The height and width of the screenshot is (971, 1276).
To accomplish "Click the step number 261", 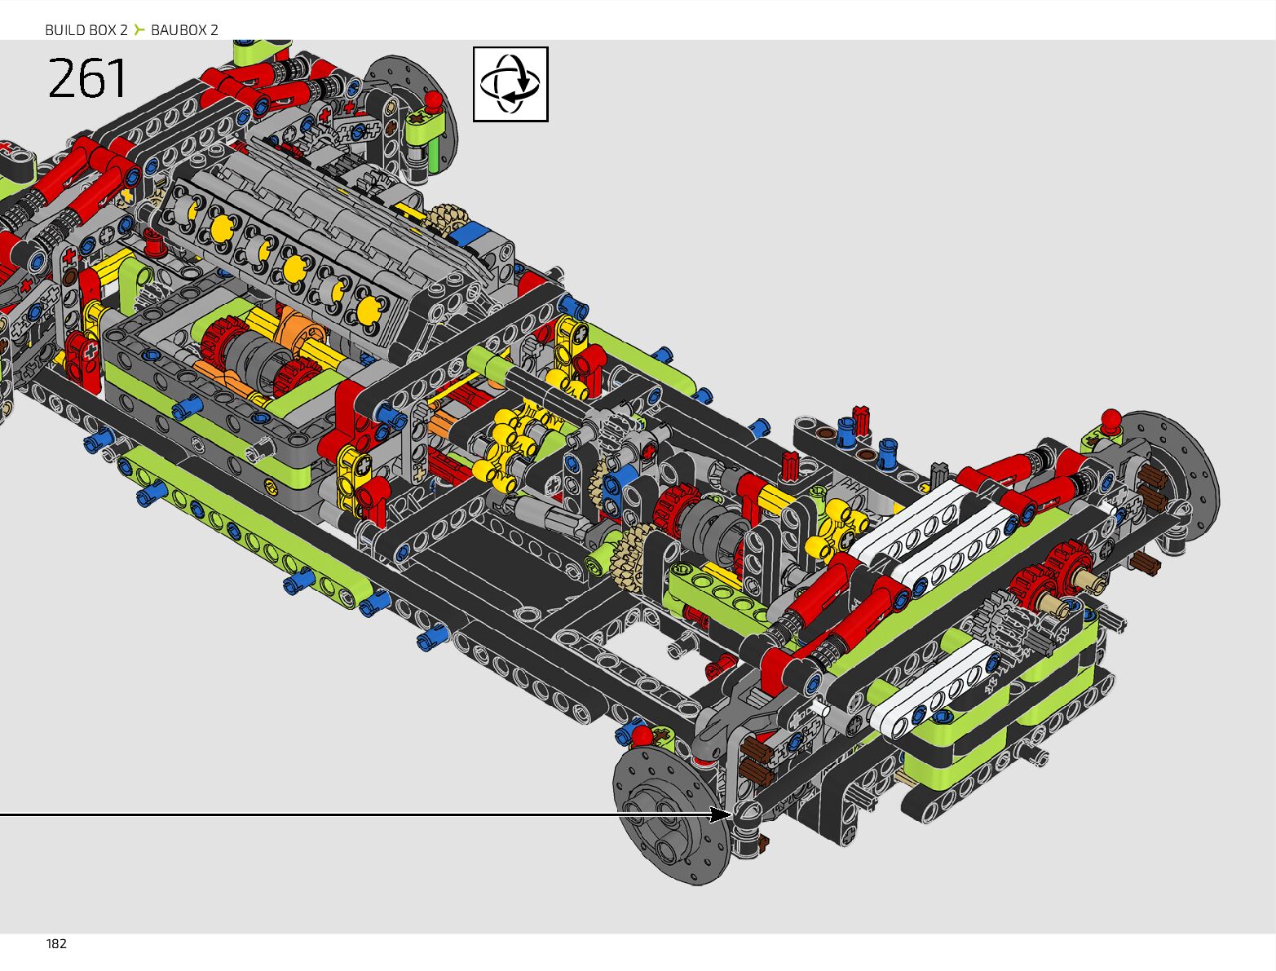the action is (x=86, y=77).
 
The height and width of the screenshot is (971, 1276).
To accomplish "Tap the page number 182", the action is (x=56, y=944).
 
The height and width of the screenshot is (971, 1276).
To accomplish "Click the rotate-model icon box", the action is (x=510, y=84).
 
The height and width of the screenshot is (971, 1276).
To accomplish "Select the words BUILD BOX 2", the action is (x=86, y=30).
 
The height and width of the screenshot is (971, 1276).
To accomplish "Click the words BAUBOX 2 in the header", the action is (x=184, y=30).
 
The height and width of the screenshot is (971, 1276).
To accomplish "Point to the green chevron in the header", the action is (x=139, y=29).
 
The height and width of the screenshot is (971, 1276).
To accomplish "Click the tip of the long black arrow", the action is (x=732, y=814).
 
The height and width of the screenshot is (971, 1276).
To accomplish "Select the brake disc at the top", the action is (x=410, y=113).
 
